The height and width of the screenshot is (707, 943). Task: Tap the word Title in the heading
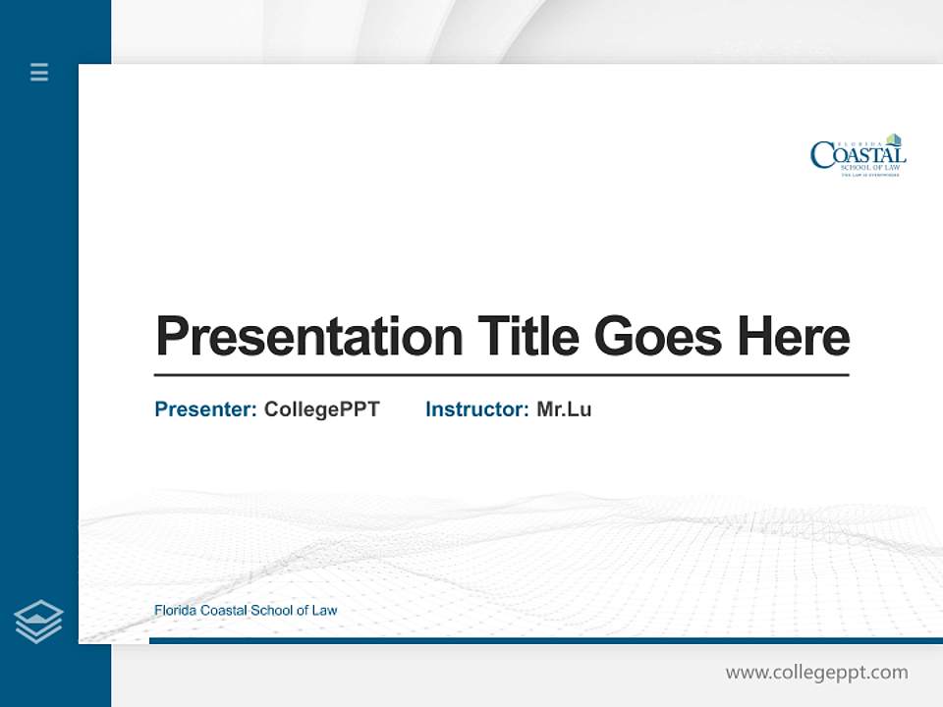(527, 337)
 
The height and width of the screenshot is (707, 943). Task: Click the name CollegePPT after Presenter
(321, 409)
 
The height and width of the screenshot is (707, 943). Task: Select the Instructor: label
(477, 409)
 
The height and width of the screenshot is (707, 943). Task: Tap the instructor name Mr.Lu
(564, 409)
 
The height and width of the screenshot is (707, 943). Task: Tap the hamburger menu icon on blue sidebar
(39, 72)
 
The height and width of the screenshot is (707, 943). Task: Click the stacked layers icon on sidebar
(38, 622)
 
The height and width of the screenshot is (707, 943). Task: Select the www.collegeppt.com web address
(816, 673)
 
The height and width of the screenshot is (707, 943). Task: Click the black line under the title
(501, 374)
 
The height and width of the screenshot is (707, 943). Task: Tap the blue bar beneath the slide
(545, 640)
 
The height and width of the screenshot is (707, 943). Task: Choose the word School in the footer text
(272, 611)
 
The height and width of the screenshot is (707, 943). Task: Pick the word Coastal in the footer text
(224, 611)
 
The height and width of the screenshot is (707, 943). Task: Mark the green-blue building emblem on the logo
(893, 139)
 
